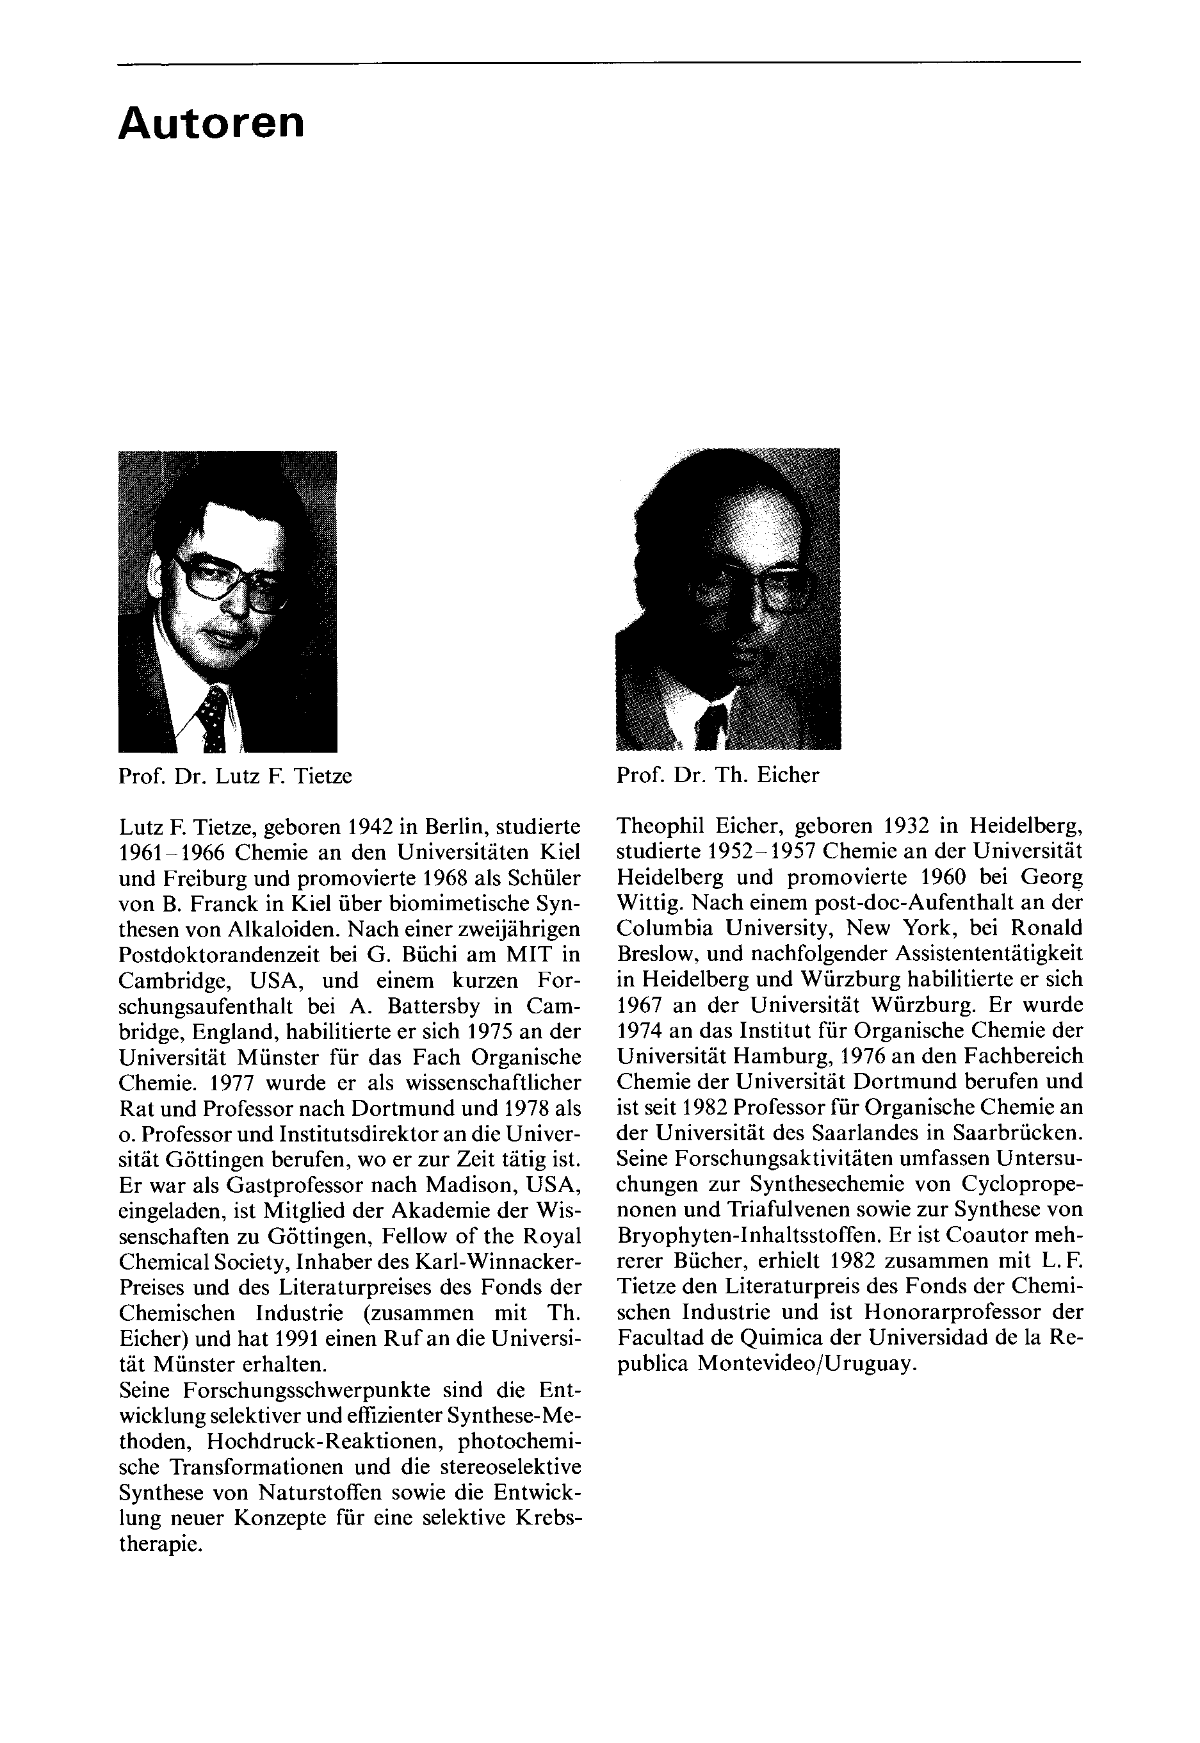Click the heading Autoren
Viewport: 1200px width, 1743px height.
(x=211, y=124)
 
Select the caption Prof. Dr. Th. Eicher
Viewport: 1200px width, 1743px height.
(x=717, y=775)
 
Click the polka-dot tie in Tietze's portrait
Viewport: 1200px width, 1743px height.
(x=213, y=719)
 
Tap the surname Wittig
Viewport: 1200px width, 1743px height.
(x=643, y=903)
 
